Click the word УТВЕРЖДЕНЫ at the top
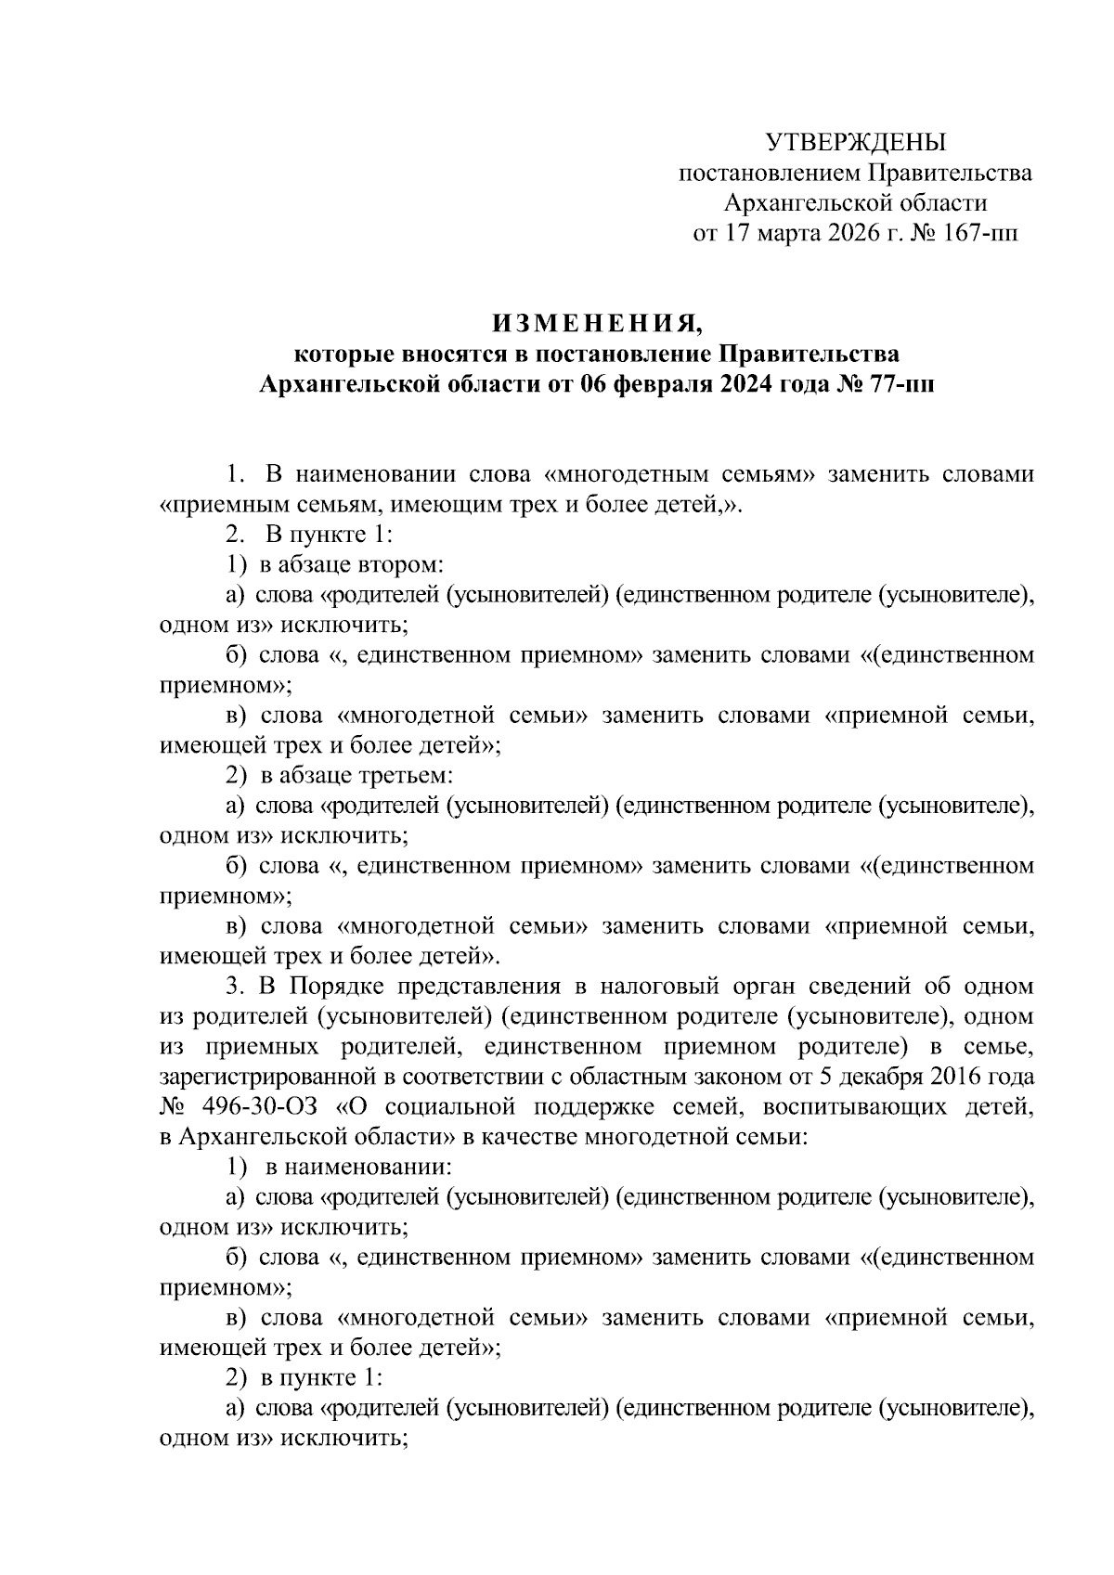855,142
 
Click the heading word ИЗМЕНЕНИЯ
597,323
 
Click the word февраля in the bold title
666,384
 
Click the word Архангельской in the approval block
797,202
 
